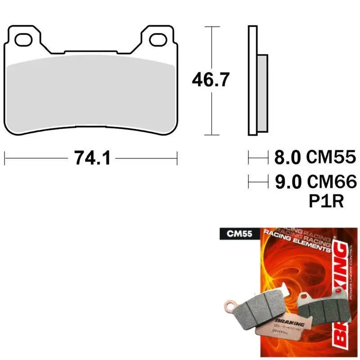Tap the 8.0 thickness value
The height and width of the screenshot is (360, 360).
coord(287,157)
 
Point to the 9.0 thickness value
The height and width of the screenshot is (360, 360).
coord(287,182)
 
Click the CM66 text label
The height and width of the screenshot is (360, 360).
coord(331,182)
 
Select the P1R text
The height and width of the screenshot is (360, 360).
coord(326,201)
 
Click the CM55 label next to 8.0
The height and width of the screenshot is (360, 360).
coord(331,157)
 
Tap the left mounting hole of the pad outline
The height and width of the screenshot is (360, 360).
coord(23,39)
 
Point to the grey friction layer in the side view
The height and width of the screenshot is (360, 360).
coord(262,94)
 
